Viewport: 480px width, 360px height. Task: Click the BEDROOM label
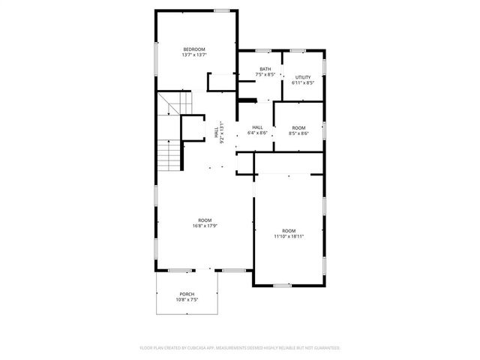pos(193,49)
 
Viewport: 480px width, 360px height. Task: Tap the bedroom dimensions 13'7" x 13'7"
pos(193,55)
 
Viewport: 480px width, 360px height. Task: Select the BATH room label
pos(265,69)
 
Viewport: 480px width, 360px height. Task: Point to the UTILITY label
pos(302,77)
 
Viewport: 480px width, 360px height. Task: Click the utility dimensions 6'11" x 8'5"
pos(302,82)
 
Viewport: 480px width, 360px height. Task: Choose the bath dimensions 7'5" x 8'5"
pos(265,74)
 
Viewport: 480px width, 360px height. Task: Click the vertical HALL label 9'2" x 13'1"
pos(219,133)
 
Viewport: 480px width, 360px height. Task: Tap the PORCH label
pos(187,293)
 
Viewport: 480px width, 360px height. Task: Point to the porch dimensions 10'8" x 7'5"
pos(187,299)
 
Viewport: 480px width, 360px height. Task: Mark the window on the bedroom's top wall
pos(221,10)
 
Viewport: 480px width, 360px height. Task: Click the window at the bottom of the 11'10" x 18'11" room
pos(281,285)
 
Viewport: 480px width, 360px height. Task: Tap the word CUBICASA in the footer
pos(199,348)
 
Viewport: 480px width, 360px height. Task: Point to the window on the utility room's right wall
pos(325,66)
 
